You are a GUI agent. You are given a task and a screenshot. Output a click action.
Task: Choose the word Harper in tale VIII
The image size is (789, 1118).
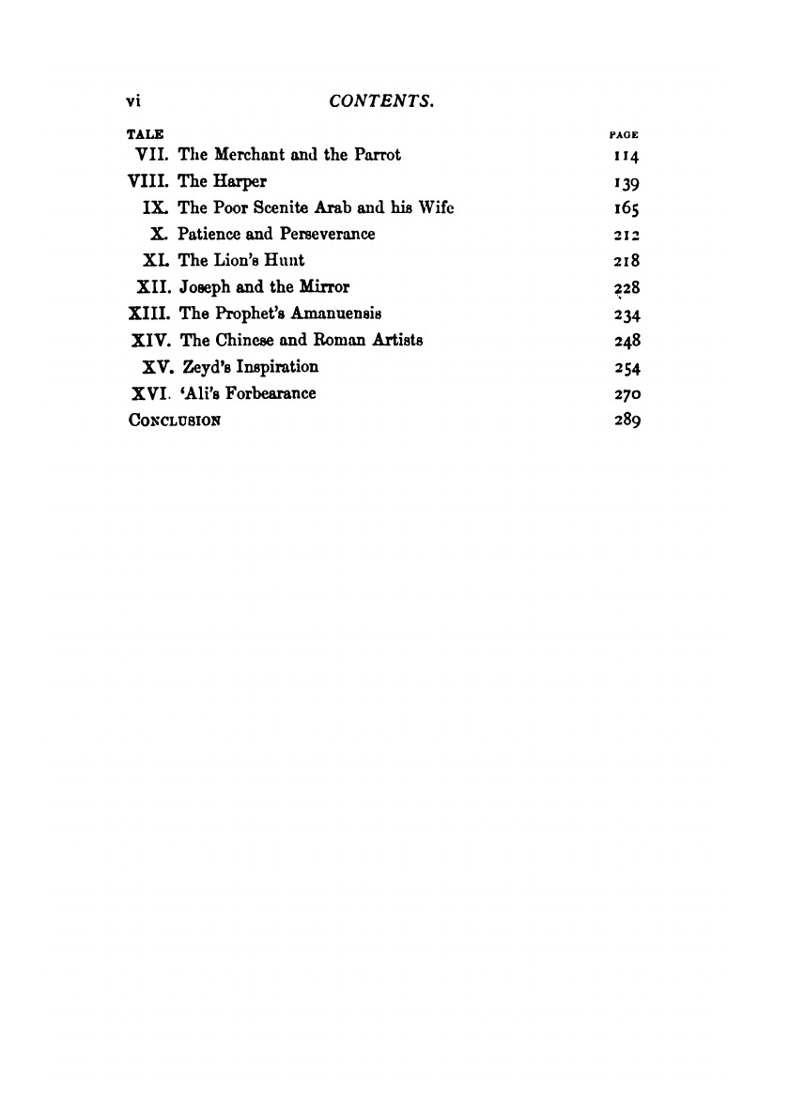click(242, 182)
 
